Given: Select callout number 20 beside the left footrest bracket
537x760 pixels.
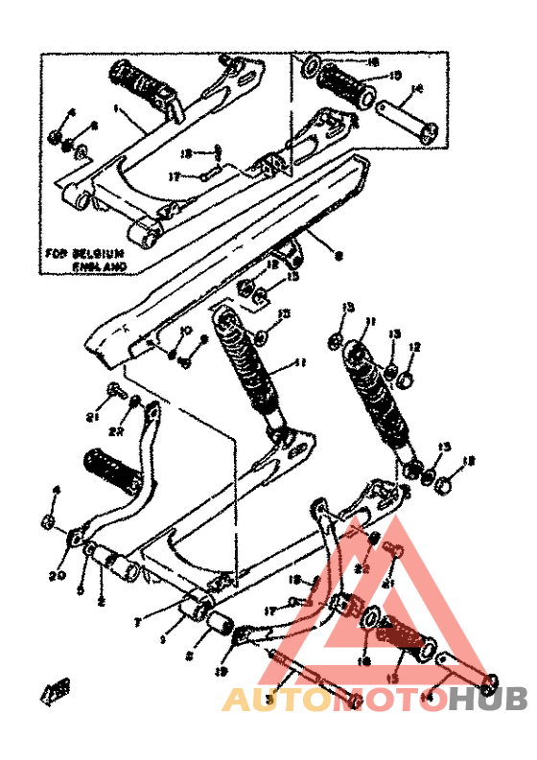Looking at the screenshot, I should (56, 575).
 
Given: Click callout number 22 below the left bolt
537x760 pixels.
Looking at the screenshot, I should (116, 431).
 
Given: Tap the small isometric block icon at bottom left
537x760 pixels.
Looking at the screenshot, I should (56, 689).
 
